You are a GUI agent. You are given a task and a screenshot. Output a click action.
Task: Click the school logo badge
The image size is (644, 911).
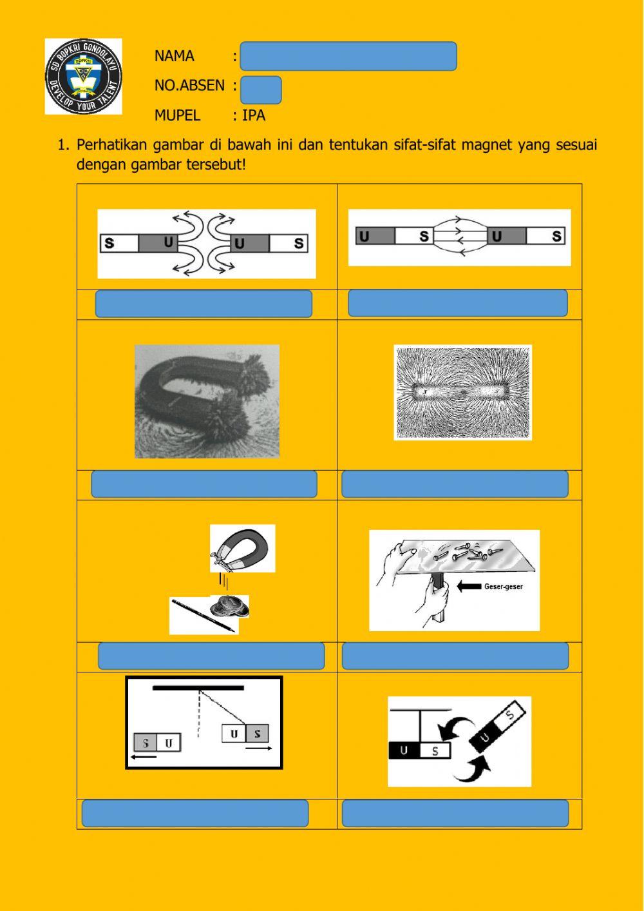click(83, 76)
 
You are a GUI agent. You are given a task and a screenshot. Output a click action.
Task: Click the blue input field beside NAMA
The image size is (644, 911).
click(348, 56)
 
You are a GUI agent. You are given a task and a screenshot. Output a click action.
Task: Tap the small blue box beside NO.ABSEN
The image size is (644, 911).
click(261, 90)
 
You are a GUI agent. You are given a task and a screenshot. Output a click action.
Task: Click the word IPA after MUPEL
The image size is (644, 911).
click(254, 115)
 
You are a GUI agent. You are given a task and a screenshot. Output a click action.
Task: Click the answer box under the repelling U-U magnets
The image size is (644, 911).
click(204, 304)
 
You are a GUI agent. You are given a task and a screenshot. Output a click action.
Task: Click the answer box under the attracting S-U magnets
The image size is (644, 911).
click(457, 303)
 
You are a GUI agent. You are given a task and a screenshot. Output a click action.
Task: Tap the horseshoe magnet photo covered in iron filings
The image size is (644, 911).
click(207, 401)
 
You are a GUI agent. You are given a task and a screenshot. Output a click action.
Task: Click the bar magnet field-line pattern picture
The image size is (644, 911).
click(462, 393)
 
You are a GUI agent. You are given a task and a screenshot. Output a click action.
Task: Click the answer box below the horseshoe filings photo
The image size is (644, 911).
click(204, 484)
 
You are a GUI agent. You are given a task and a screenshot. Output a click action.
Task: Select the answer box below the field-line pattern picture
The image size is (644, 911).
click(455, 484)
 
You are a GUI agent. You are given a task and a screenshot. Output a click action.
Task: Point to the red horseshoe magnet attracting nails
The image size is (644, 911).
click(243, 548)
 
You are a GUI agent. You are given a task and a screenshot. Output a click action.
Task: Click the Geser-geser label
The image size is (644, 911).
click(503, 587)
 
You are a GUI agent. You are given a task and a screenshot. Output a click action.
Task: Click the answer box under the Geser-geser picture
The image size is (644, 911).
click(455, 656)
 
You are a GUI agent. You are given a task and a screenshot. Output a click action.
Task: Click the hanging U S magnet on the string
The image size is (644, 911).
click(245, 734)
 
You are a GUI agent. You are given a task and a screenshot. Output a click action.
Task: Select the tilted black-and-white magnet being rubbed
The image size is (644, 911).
click(500, 727)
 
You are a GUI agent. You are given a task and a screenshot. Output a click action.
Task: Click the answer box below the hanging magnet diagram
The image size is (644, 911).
click(194, 813)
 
